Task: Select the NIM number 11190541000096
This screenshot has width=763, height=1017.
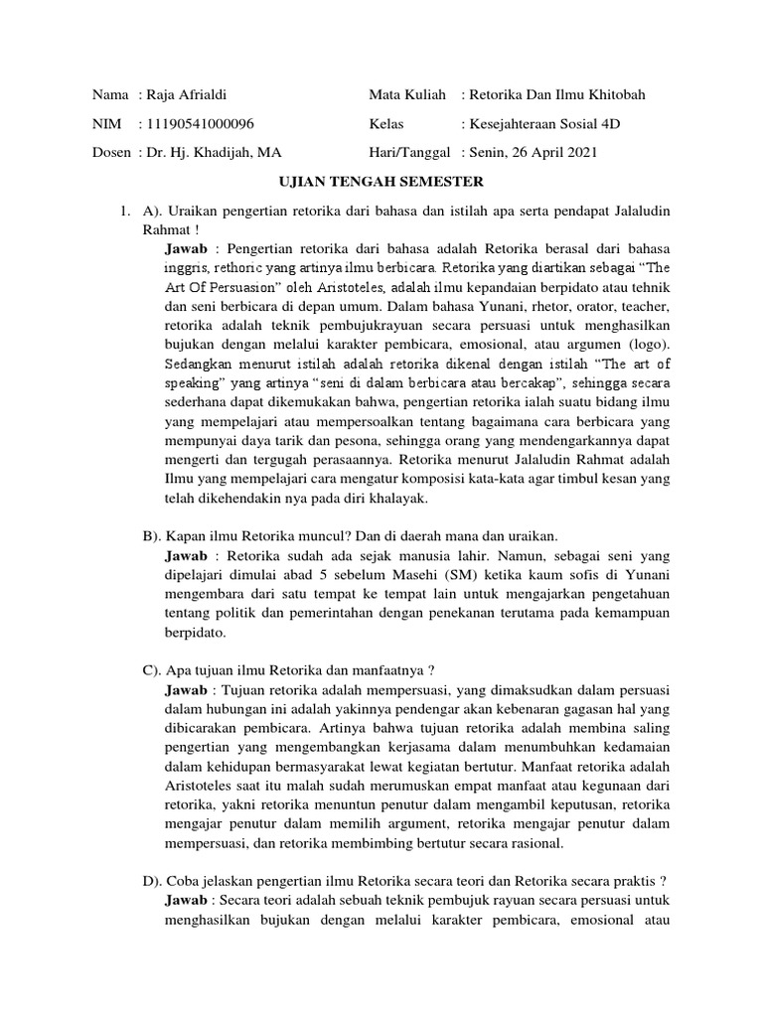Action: click(200, 123)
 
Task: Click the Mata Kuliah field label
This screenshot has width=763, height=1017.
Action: click(407, 94)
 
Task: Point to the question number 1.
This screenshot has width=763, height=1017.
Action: click(123, 212)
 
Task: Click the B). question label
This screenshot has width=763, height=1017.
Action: click(153, 534)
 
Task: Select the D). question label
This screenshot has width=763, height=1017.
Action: click(153, 880)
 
